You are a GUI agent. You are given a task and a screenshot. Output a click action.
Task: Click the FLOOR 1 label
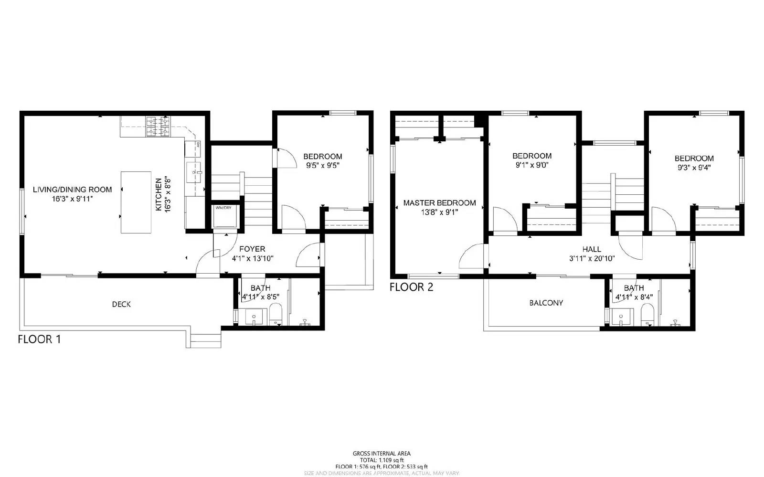[39, 339]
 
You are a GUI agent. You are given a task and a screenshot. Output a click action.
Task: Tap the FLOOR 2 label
[411, 287]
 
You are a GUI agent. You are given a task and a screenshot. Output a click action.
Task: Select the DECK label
[121, 304]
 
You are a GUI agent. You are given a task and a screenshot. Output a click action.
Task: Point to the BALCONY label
[546, 303]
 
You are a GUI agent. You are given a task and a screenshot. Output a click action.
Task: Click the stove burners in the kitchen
[158, 127]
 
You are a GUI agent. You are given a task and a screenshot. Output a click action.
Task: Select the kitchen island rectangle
[136, 202]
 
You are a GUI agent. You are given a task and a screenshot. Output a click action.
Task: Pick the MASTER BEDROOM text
[439, 203]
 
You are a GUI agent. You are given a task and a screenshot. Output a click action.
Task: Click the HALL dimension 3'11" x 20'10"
[592, 258]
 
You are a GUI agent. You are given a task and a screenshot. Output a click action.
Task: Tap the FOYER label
[252, 249]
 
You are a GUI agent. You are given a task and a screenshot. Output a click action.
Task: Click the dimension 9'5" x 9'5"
[323, 166]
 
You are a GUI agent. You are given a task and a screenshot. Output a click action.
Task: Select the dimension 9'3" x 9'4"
[694, 168]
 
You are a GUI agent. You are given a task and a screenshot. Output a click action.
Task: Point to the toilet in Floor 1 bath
[276, 315]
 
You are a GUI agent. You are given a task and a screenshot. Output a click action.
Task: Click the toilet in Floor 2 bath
[647, 315]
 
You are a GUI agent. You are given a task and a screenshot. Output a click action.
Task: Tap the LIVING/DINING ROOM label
[72, 190]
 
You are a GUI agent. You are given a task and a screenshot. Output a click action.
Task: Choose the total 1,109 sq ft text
[382, 460]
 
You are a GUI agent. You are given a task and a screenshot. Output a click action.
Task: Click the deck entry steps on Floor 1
[206, 340]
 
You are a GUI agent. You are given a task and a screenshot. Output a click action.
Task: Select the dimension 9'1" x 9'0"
[531, 165]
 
